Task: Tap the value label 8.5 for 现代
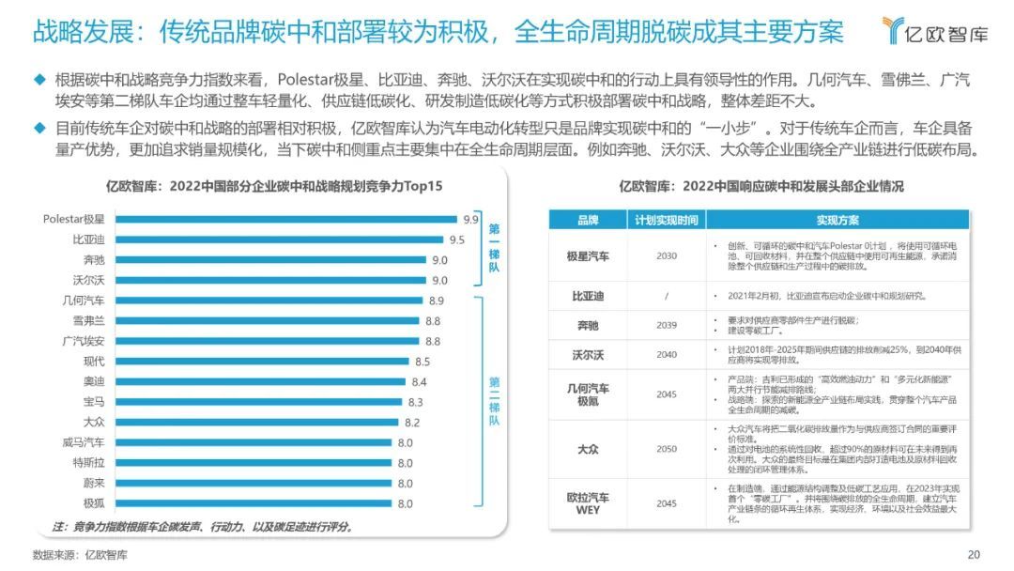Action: pyautogui.click(x=422, y=362)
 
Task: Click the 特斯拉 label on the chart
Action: pyautogui.click(x=86, y=463)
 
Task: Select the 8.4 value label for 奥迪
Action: pyautogui.click(x=419, y=382)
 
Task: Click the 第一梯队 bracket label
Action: pyautogui.click(x=495, y=248)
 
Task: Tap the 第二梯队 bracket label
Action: pyautogui.click(x=495, y=402)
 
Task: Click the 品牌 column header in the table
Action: pyautogui.click(x=588, y=221)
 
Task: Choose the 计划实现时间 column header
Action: pyautogui.click(x=666, y=221)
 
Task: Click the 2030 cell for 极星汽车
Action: pyautogui.click(x=666, y=255)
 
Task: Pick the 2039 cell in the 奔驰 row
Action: pyautogui.click(x=666, y=325)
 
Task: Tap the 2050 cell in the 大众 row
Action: pyautogui.click(x=666, y=449)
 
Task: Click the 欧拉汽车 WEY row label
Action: pyautogui.click(x=588, y=503)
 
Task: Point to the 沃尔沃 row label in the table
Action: pyautogui.click(x=588, y=355)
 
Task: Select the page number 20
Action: pyautogui.click(x=973, y=553)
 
